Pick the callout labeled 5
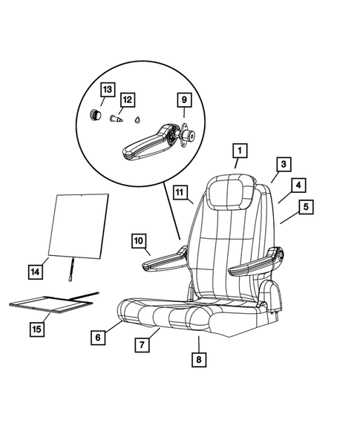(x=304, y=208)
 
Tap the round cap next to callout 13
(x=96, y=114)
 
